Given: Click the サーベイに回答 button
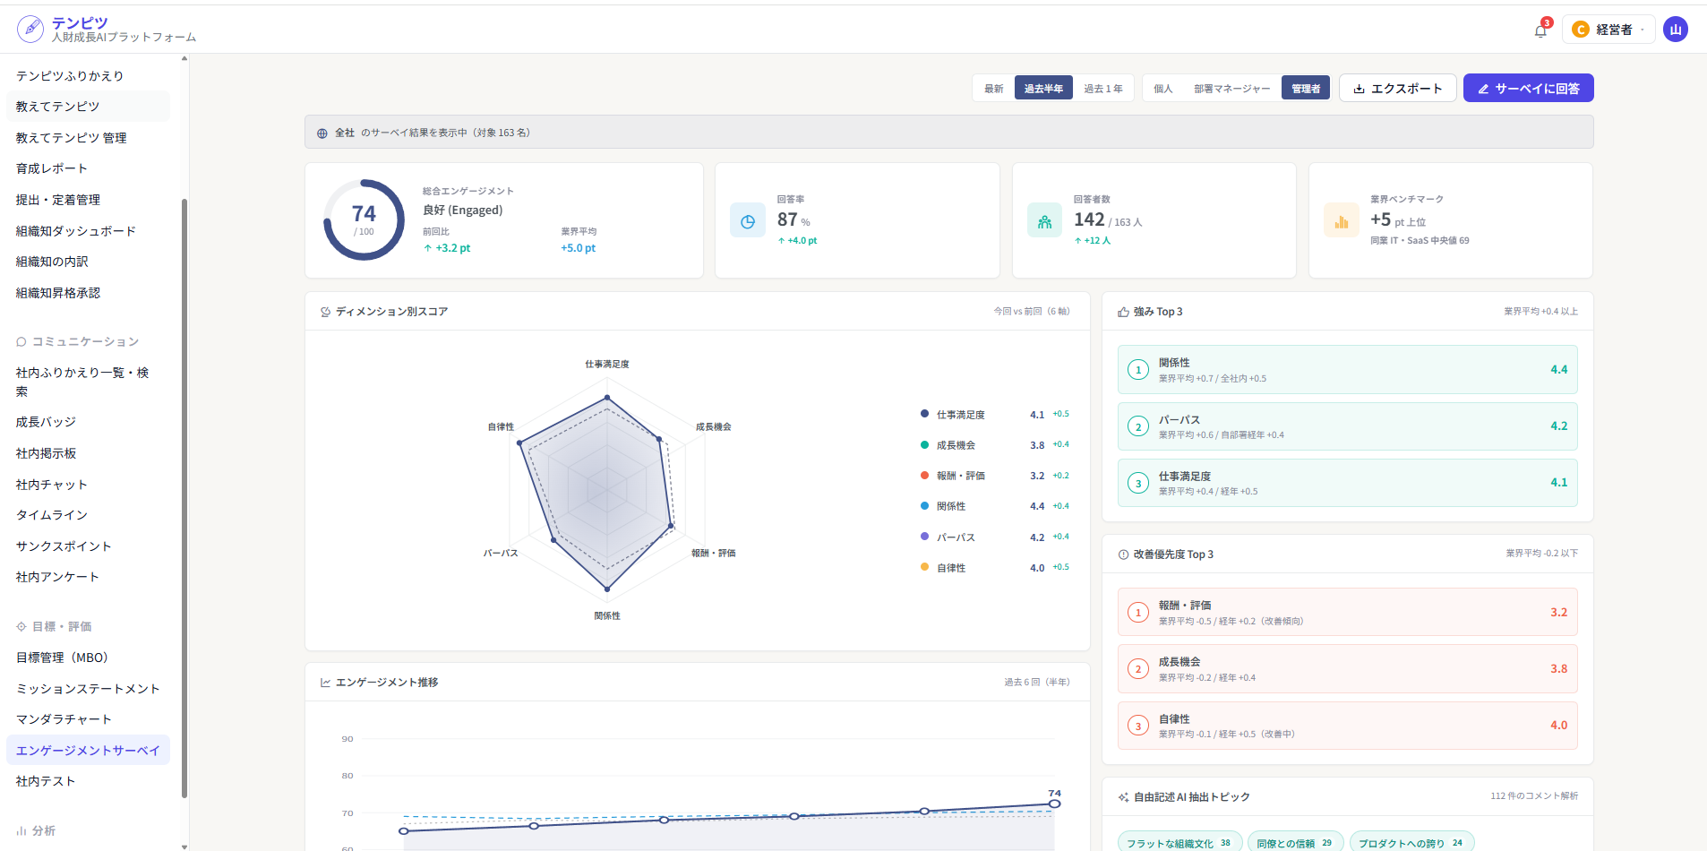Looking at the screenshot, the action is [x=1528, y=88].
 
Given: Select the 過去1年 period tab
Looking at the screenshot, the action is [x=1103, y=89].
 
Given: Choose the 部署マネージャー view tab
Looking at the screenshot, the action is [x=1231, y=89].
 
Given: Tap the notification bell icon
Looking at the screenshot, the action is [x=1540, y=30].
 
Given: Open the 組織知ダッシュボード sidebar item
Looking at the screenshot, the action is [x=76, y=231].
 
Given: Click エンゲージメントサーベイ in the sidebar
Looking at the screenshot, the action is [x=88, y=751].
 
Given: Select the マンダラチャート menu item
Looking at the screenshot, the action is [x=64, y=719].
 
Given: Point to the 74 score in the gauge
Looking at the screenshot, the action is [x=364, y=214].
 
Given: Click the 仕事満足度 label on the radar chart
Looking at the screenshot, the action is [x=607, y=365].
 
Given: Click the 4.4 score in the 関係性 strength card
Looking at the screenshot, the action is [x=1558, y=369].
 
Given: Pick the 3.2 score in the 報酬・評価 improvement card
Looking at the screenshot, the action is [x=1558, y=612].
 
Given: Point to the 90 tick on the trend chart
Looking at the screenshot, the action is [x=347, y=739].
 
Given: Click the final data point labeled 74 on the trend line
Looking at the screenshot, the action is [x=1055, y=804].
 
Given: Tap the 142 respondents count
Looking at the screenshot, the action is [x=1089, y=219].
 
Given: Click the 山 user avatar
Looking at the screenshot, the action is [x=1676, y=30].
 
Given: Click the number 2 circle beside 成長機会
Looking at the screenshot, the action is [x=1138, y=669].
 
